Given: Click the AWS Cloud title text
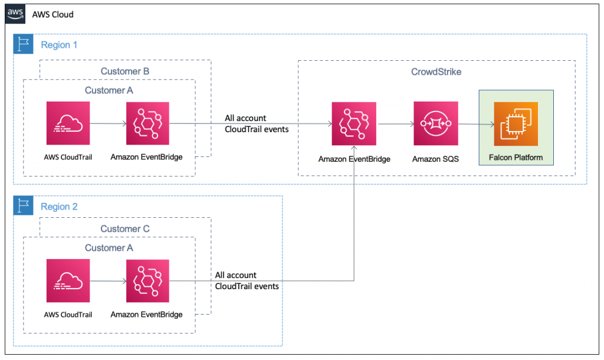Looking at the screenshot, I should click(x=53, y=14).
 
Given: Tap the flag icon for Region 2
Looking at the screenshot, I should click(x=24, y=207).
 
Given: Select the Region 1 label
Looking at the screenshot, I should click(x=59, y=45).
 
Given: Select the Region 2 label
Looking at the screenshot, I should click(x=59, y=207).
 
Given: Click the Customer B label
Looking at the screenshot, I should click(x=125, y=71).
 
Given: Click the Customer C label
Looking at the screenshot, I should click(x=125, y=229).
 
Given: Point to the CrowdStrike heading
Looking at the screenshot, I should click(x=436, y=71).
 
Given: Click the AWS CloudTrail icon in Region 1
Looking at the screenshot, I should click(x=68, y=123).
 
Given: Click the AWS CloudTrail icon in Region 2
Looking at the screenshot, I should click(x=68, y=281).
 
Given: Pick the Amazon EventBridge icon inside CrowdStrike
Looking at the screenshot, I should click(x=353, y=123).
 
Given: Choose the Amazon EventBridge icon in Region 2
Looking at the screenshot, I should click(x=147, y=281).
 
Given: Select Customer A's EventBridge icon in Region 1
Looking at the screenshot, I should click(x=147, y=123).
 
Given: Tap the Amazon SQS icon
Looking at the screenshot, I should click(x=435, y=123).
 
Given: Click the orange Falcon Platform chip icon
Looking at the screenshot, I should click(x=516, y=123).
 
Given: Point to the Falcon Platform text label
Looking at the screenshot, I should click(x=516, y=158).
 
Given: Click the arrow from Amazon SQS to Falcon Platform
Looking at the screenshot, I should click(x=475, y=124).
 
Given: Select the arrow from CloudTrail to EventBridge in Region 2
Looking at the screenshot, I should click(x=108, y=282).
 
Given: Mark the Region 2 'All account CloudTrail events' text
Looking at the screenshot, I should click(x=247, y=280).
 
